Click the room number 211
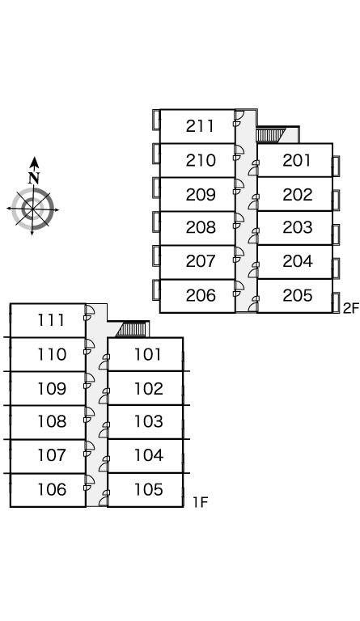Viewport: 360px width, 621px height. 201,126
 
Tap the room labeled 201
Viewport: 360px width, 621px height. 297,160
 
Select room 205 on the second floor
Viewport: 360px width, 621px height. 298,295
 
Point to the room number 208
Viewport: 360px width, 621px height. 201,227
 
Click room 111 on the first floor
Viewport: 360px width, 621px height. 52,320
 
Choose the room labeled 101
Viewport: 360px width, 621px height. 148,354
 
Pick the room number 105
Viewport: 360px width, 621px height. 149,489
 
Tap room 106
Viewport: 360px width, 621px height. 52,489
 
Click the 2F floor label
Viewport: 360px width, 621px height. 351,308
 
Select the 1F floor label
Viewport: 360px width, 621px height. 201,502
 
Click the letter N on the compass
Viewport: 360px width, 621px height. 34,178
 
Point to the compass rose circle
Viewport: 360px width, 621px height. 33,209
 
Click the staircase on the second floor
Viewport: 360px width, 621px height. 271,134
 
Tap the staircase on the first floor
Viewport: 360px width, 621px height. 133,329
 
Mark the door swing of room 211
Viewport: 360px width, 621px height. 239,117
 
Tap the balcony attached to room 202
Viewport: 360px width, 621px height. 337,200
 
